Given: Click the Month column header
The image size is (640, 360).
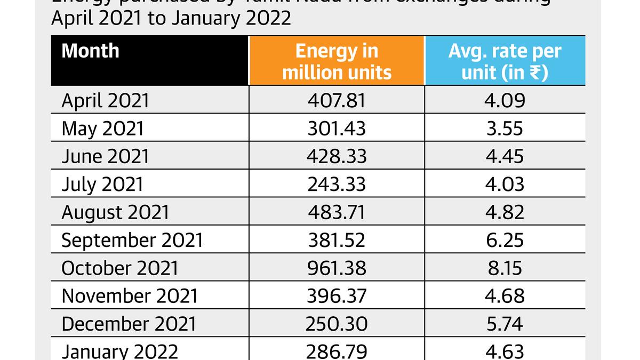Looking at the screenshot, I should [x=90, y=51].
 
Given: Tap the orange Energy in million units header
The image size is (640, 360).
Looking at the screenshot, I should [x=337, y=61].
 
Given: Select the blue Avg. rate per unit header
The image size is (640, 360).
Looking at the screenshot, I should [x=505, y=61].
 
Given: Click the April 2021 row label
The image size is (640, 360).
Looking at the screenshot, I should [x=106, y=101].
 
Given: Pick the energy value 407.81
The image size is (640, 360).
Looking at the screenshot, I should [x=337, y=101].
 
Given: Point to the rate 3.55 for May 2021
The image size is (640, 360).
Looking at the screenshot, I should [x=505, y=129].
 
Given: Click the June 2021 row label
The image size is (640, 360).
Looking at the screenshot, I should [x=105, y=157].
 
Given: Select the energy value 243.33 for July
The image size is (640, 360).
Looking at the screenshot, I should [x=337, y=185].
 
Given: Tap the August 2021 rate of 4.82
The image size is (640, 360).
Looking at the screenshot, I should [x=505, y=212].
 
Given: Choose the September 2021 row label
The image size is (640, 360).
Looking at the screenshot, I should [x=132, y=241].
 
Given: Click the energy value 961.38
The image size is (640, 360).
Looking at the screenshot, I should [x=337, y=268].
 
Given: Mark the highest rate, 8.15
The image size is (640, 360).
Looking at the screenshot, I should [x=505, y=268].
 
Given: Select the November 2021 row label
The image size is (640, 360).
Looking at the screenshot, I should [x=130, y=296].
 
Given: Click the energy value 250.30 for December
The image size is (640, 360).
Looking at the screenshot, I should [x=337, y=324].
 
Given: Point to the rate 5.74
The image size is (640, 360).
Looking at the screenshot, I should [x=505, y=324].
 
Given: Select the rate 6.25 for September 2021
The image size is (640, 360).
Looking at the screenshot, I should [x=505, y=241].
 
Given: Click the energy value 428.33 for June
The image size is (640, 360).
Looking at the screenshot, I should [x=337, y=157].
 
